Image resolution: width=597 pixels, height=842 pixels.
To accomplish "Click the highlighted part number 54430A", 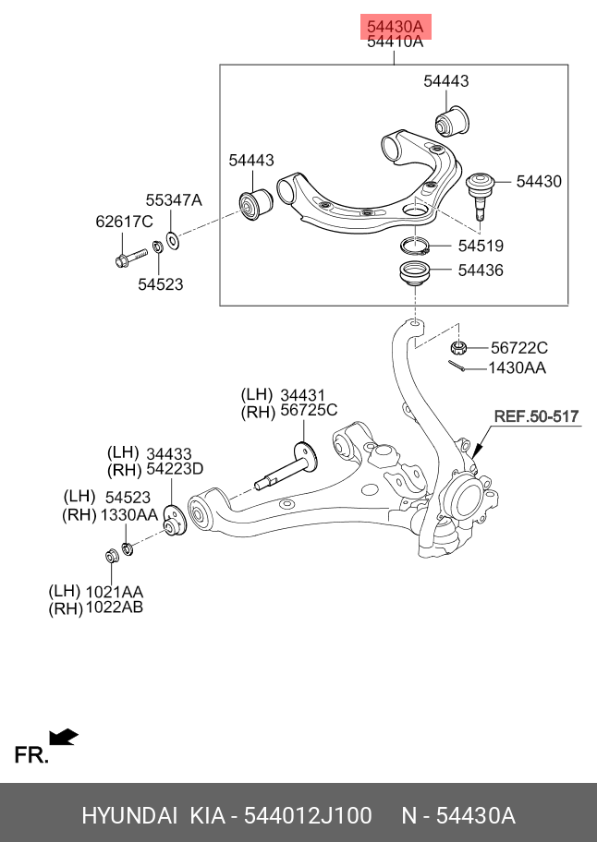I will coord(395,26).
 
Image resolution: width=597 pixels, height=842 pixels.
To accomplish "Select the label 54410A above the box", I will coord(395,42).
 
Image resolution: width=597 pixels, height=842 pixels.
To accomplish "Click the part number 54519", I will coord(481,247).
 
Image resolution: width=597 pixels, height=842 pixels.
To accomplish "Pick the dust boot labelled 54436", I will coord(414,275).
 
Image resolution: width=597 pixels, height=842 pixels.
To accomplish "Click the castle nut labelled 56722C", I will coord(457,348).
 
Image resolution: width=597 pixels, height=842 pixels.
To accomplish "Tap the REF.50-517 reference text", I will coord(536,416).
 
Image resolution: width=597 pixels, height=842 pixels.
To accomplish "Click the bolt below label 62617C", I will coord(128,254).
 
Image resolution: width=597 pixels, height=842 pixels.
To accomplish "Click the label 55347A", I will coord(173,199).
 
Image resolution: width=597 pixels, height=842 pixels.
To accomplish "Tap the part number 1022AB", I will coord(116,607).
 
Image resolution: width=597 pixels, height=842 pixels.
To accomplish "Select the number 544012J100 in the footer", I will coord(309,816).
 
